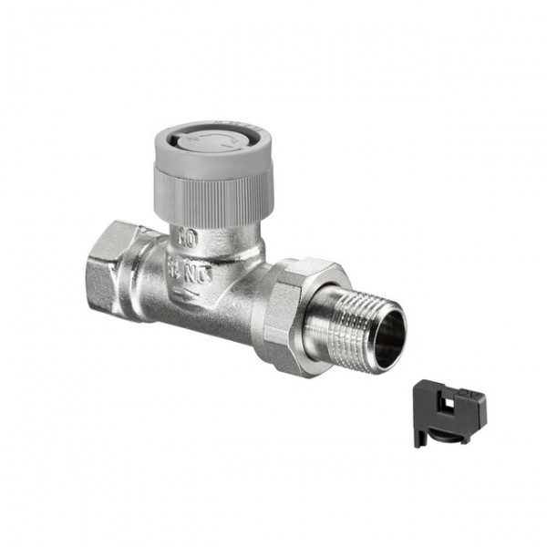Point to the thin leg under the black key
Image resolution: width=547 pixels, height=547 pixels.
(420, 436)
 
